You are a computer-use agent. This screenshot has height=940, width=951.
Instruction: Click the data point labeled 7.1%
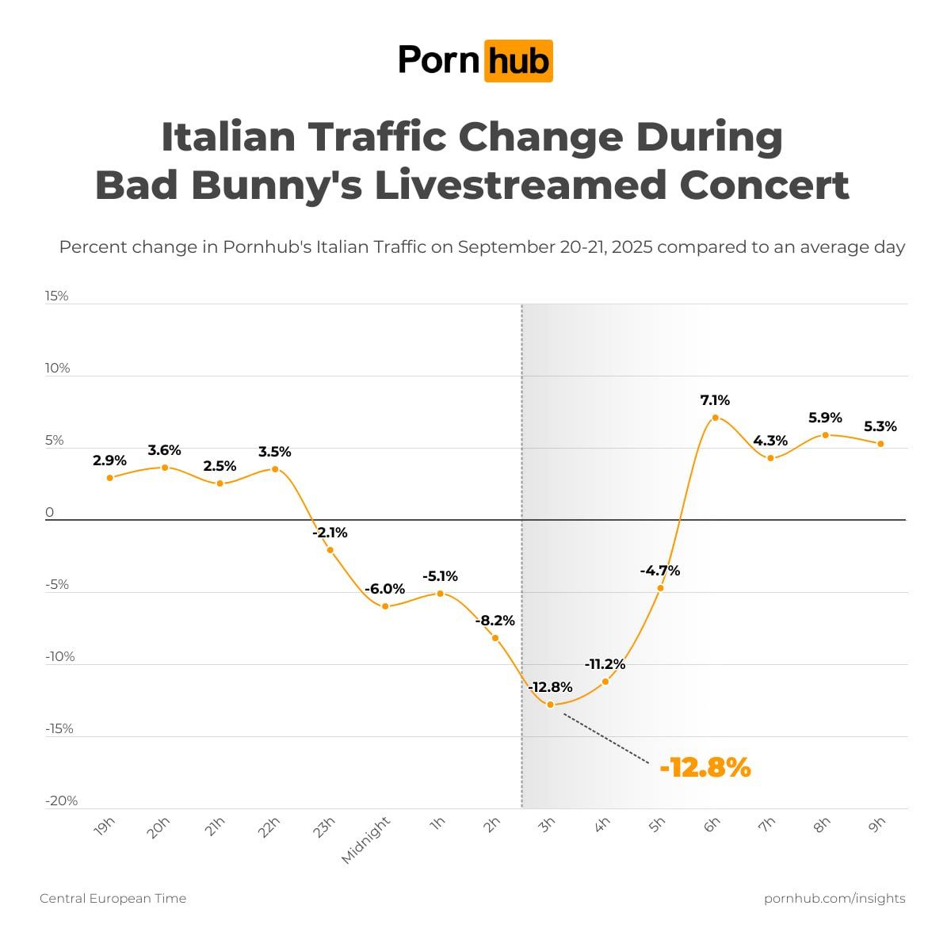pyautogui.click(x=715, y=418)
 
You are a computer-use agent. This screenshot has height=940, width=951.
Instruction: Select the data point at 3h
pyautogui.click(x=550, y=704)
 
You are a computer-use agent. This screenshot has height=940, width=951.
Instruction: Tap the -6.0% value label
pyautogui.click(x=385, y=589)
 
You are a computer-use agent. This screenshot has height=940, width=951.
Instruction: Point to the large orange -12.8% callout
pyautogui.click(x=705, y=767)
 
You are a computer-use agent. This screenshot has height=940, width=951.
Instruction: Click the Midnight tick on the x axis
pyautogui.click(x=367, y=840)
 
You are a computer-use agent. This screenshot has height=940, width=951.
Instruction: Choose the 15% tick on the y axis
pyautogui.click(x=57, y=296)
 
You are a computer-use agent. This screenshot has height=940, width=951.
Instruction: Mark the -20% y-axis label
pyautogui.click(x=61, y=801)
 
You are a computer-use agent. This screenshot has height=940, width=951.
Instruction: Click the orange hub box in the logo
pyautogui.click(x=518, y=61)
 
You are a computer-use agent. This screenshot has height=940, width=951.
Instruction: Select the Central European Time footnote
pyautogui.click(x=113, y=898)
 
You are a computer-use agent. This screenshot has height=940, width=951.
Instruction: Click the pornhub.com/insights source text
pyautogui.click(x=835, y=898)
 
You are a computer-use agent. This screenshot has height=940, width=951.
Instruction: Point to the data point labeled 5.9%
pyautogui.click(x=825, y=435)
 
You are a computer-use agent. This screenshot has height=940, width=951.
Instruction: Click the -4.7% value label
pyautogui.click(x=660, y=571)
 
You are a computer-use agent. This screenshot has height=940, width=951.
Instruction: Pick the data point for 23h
pyautogui.click(x=330, y=550)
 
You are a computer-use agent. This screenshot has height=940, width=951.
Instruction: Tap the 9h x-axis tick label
pyautogui.click(x=877, y=825)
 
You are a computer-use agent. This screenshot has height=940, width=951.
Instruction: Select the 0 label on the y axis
pyautogui.click(x=50, y=513)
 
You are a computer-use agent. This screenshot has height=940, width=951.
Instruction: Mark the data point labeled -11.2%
pyautogui.click(x=605, y=682)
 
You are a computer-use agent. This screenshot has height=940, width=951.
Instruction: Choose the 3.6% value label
pyautogui.click(x=164, y=450)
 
